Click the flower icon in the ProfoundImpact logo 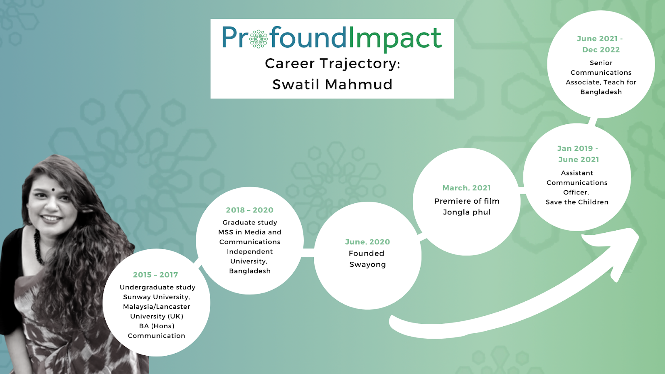[x=259, y=39]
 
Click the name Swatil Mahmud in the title [x=332, y=84]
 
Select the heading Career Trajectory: [x=332, y=64]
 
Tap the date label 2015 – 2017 [x=155, y=275]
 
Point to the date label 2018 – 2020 [x=250, y=210]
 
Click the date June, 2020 [x=367, y=242]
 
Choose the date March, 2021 [x=467, y=188]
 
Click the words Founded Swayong [x=367, y=259]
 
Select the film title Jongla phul [x=467, y=212]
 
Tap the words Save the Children [x=577, y=202]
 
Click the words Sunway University [x=156, y=297]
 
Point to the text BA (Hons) [x=156, y=326]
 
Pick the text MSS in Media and [x=250, y=232]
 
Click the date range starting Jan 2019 [x=578, y=154]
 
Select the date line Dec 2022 [x=601, y=50]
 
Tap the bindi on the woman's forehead [x=54, y=189]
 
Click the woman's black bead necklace [x=38, y=246]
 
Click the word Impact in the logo [x=395, y=38]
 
